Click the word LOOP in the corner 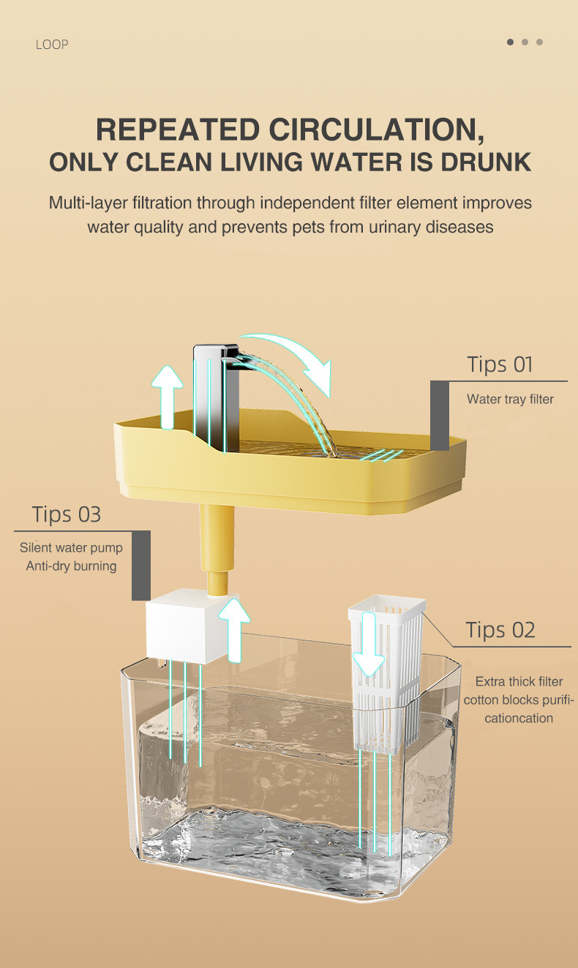click(x=52, y=45)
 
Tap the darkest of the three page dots click(x=510, y=42)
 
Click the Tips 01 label click(x=500, y=364)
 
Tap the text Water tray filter click(x=510, y=399)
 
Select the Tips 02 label click(x=500, y=630)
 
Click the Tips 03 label click(x=67, y=514)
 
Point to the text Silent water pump click(x=71, y=547)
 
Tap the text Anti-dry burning click(x=71, y=566)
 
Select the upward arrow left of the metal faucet click(x=167, y=397)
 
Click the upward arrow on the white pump click(x=233, y=630)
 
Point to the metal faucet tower click(x=216, y=397)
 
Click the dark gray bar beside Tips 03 click(x=141, y=566)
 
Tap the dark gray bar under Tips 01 click(x=440, y=416)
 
